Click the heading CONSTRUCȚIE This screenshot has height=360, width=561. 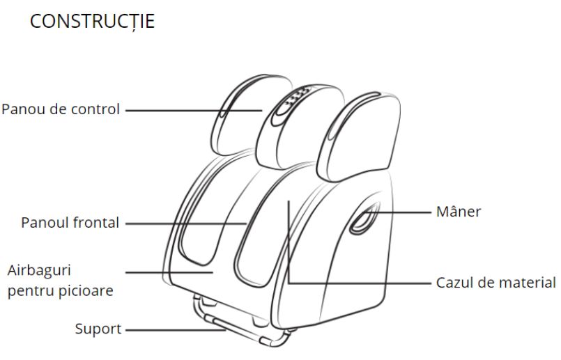92,21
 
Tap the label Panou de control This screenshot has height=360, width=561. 61,109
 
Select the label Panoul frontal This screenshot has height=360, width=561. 70,223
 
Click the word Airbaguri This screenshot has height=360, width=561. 40,269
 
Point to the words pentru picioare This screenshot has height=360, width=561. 60,290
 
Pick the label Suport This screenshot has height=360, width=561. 98,329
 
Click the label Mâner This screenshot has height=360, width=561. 458,211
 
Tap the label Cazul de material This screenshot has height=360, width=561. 495,283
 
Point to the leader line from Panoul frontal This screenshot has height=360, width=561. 185,224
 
